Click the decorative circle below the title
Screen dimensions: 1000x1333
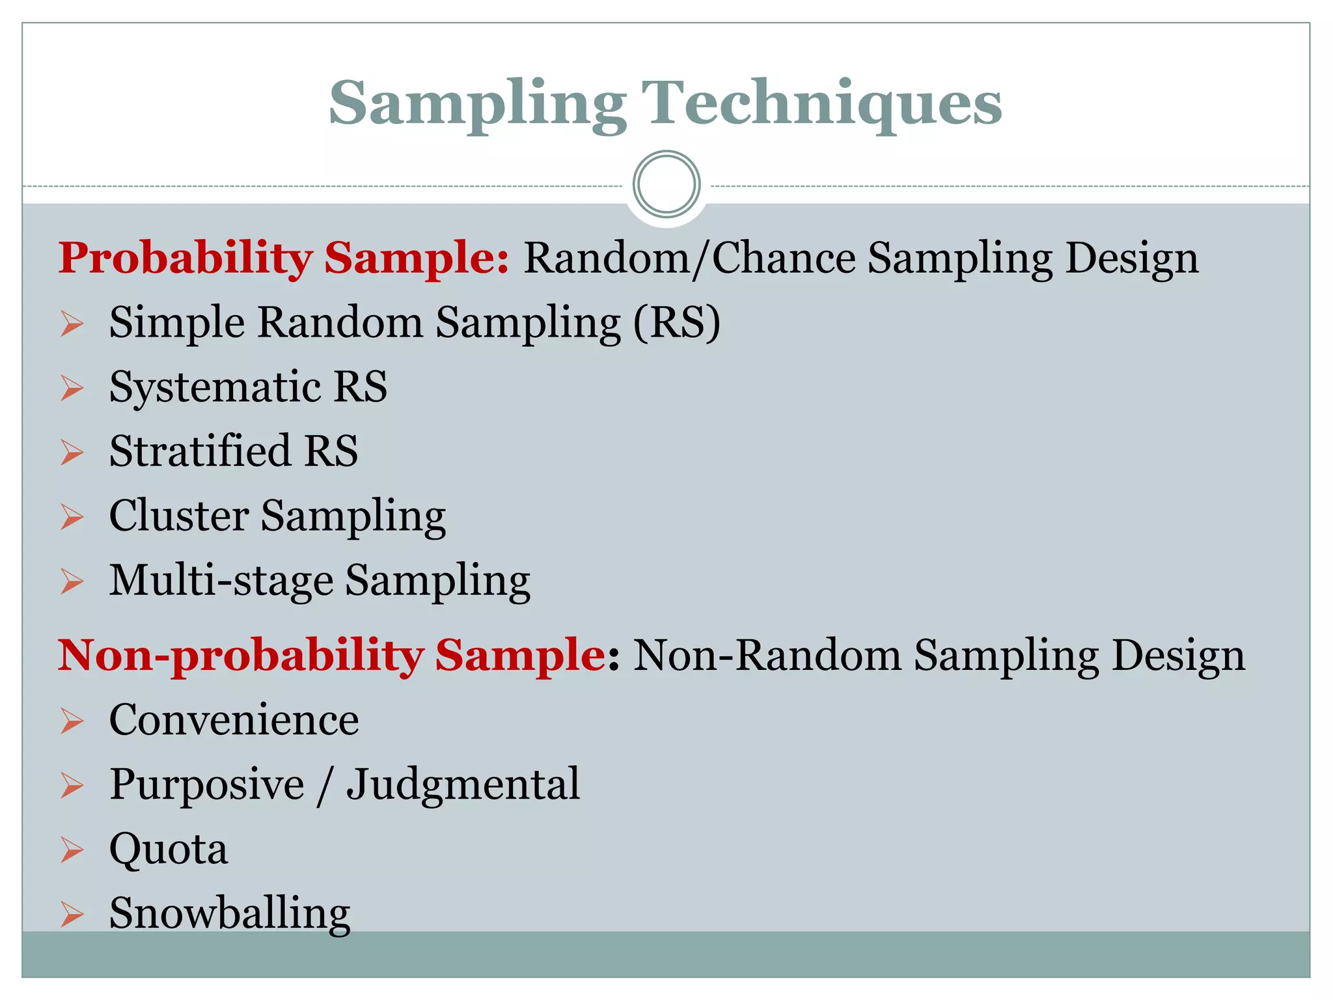pos(666,184)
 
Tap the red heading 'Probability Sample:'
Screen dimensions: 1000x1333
pos(284,258)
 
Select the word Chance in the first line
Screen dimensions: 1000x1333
pos(784,258)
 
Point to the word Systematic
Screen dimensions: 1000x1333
pos(215,387)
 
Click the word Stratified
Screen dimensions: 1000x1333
pos(200,451)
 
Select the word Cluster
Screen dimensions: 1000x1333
pos(179,516)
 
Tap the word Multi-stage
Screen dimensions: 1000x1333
pos(221,580)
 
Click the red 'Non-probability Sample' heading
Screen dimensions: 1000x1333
pos(332,655)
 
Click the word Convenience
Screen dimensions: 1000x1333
pos(234,720)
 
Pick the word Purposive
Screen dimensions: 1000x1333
pos(206,785)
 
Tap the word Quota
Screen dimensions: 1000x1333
pos(169,850)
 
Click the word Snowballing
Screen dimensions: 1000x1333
pos(229,913)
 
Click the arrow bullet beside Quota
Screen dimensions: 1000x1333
pos(72,850)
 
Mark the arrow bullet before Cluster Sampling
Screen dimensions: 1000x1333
pos(72,517)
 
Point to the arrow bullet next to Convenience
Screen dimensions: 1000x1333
pos(72,721)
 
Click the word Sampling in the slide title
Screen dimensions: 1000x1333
pos(477,104)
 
